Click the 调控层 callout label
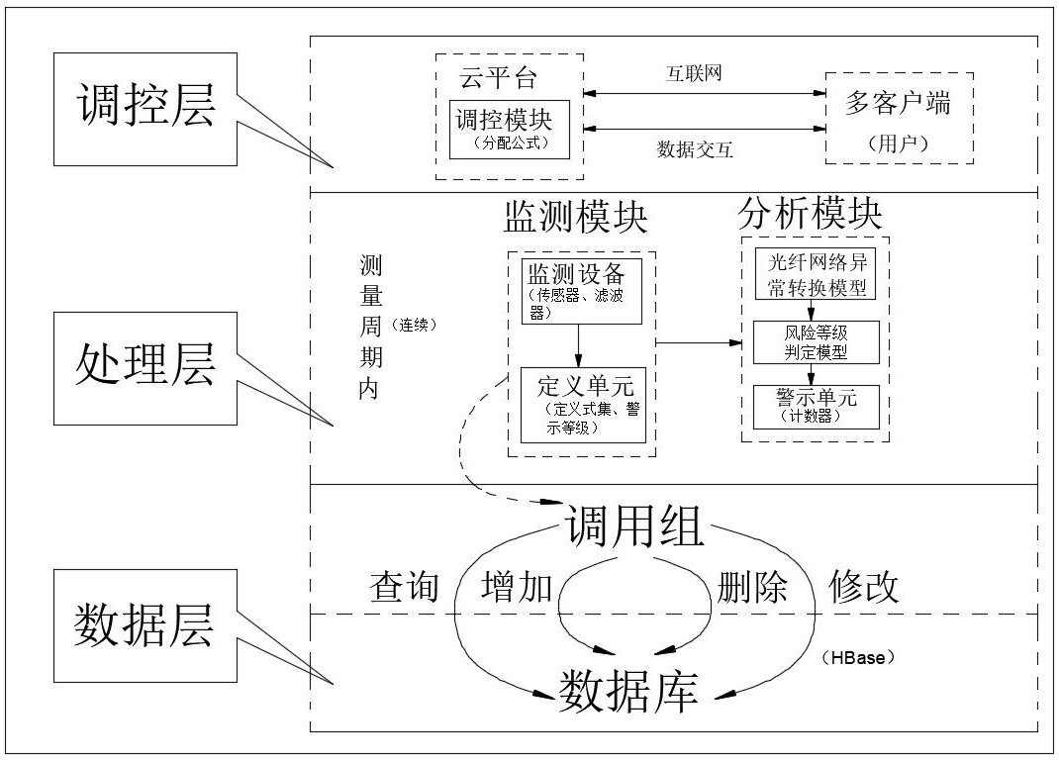tap(145, 109)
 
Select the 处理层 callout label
tap(145, 368)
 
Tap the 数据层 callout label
tap(145, 625)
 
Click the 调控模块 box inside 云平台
tap(510, 130)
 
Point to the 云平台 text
tap(498, 77)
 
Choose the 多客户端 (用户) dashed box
tap(900, 118)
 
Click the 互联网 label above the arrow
tap(695, 73)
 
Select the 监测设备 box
tap(582, 291)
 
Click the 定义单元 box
tap(584, 405)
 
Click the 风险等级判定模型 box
tap(817, 342)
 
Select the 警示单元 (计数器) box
tap(817, 407)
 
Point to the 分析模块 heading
tap(811, 214)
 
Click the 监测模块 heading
tap(575, 217)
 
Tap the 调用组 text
tap(634, 526)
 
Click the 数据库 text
tap(628, 692)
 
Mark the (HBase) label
tap(858, 657)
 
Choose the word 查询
tap(405, 587)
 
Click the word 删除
tap(752, 587)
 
